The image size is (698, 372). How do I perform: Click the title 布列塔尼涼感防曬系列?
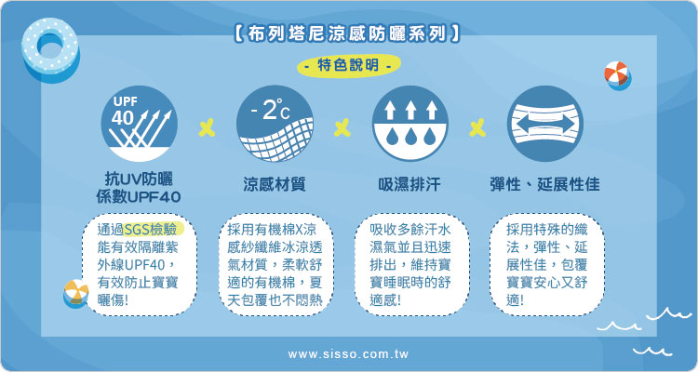pos(346,34)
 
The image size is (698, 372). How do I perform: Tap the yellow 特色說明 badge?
pos(349,66)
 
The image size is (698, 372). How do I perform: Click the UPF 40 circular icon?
pos(140,124)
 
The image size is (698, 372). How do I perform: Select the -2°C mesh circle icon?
pos(275,124)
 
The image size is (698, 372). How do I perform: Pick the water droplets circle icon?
pos(410,124)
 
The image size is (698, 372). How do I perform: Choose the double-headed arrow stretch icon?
pos(544,124)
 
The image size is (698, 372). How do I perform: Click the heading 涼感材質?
pos(275,184)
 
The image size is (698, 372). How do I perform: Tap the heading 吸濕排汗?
pos(410,184)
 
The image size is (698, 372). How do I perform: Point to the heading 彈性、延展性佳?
pos(544,184)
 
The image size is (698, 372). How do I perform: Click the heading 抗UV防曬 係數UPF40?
pos(139,188)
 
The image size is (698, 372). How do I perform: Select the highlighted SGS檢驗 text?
pos(154,229)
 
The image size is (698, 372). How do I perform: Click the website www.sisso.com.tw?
pos(349,354)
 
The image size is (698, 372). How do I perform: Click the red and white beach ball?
pos(617,74)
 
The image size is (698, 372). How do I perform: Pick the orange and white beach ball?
pos(76,293)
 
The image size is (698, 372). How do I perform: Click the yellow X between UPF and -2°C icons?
pos(207,127)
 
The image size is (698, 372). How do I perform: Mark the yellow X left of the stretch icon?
pos(477,127)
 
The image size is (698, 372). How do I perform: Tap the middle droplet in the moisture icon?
pos(410,136)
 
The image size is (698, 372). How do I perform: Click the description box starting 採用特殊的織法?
pos(546,265)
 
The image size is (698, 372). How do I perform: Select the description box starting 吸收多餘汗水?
pos(411,265)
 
